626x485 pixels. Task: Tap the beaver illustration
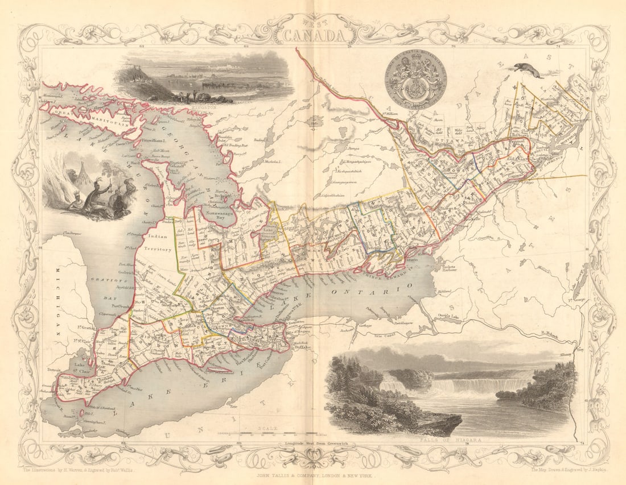pyautogui.click(x=526, y=70)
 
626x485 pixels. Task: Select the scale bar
pyautogui.click(x=267, y=434)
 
